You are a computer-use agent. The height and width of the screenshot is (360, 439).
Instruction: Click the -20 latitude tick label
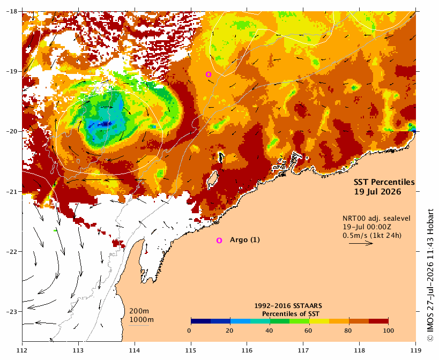click(11, 131)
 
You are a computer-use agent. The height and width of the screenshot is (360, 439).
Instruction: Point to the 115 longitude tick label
click(191, 350)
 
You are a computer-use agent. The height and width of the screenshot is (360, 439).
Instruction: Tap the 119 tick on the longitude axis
click(416, 350)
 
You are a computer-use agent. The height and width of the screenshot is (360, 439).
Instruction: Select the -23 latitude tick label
click(11, 312)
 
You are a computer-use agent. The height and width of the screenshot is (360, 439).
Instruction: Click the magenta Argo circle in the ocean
click(209, 74)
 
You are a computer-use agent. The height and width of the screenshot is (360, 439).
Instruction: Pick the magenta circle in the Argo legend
click(219, 241)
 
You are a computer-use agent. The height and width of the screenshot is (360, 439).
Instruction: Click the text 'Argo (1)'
click(245, 240)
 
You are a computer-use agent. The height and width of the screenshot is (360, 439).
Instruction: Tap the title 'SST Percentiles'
click(384, 182)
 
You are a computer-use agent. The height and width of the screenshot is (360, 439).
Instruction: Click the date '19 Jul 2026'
click(377, 192)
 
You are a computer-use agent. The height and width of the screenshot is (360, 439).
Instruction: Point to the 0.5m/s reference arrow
click(361, 243)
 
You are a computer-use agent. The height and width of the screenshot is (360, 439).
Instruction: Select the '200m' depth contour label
click(139, 311)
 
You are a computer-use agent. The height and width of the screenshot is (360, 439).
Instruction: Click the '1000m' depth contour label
click(142, 320)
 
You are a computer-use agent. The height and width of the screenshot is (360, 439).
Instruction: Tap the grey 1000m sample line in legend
click(139, 325)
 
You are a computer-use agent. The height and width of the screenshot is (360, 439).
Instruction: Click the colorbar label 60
click(309, 331)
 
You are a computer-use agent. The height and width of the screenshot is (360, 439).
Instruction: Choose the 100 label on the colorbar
click(388, 331)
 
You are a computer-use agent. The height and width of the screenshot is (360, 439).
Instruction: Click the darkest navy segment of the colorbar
click(201, 321)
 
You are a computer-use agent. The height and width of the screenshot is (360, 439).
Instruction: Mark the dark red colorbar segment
click(378, 321)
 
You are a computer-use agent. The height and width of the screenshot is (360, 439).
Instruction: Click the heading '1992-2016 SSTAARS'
click(288, 306)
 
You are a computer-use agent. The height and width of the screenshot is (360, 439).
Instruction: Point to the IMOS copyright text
click(430, 275)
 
